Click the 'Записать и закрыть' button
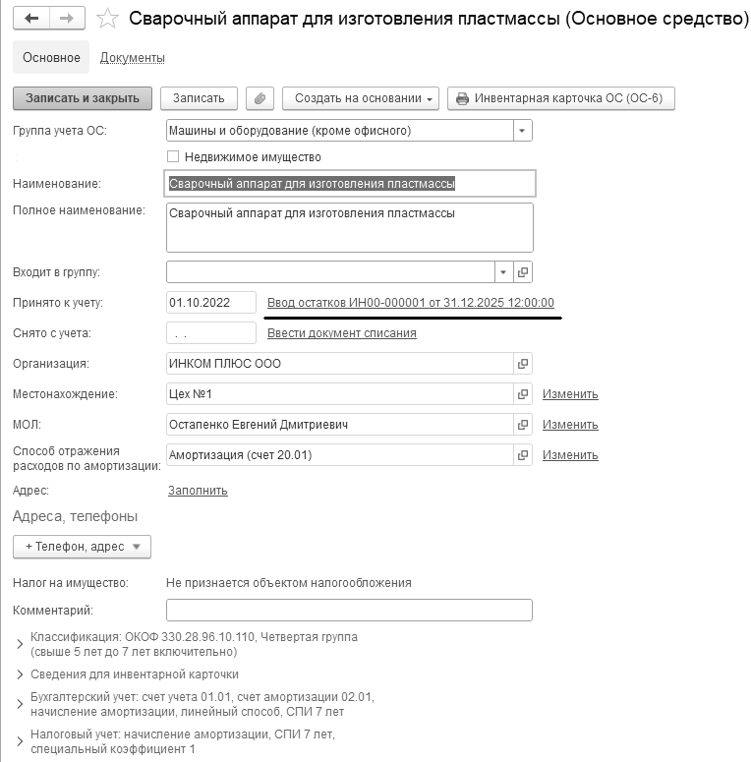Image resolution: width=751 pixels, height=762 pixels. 83,98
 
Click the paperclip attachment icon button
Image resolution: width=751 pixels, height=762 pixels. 260,98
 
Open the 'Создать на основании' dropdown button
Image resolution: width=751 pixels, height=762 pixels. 360,98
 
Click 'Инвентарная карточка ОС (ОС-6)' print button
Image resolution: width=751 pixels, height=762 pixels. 560,98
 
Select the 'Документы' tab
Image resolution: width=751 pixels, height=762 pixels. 133,58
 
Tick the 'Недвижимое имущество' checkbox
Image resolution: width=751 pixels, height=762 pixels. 173,156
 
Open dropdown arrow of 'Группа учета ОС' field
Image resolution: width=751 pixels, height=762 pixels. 522,130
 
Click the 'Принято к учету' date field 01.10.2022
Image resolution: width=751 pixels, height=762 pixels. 211,302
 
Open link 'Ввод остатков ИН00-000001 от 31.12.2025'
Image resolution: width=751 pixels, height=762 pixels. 411,303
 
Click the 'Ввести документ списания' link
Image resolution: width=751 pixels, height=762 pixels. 341,333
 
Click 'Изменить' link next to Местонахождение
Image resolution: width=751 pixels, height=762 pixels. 570,394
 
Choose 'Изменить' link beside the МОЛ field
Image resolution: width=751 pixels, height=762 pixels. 570,425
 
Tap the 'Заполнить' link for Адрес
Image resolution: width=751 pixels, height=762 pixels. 198,490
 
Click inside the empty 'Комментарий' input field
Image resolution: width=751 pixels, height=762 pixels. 349,611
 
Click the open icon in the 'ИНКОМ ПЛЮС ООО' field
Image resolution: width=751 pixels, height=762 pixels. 523,364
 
